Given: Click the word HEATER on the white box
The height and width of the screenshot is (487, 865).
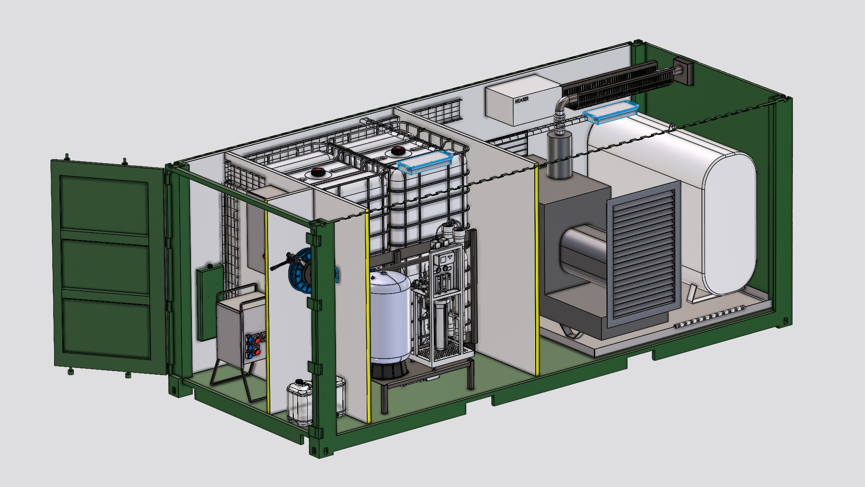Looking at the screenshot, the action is coord(522,100).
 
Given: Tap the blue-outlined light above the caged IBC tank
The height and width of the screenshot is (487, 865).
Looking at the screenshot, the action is coord(425,162).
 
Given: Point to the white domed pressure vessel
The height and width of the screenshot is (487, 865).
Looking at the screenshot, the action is coord(390,316).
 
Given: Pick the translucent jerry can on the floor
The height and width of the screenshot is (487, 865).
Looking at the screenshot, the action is coord(300,402).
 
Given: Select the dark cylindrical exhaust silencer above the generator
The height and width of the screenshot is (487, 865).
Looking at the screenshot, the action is coord(560,155).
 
